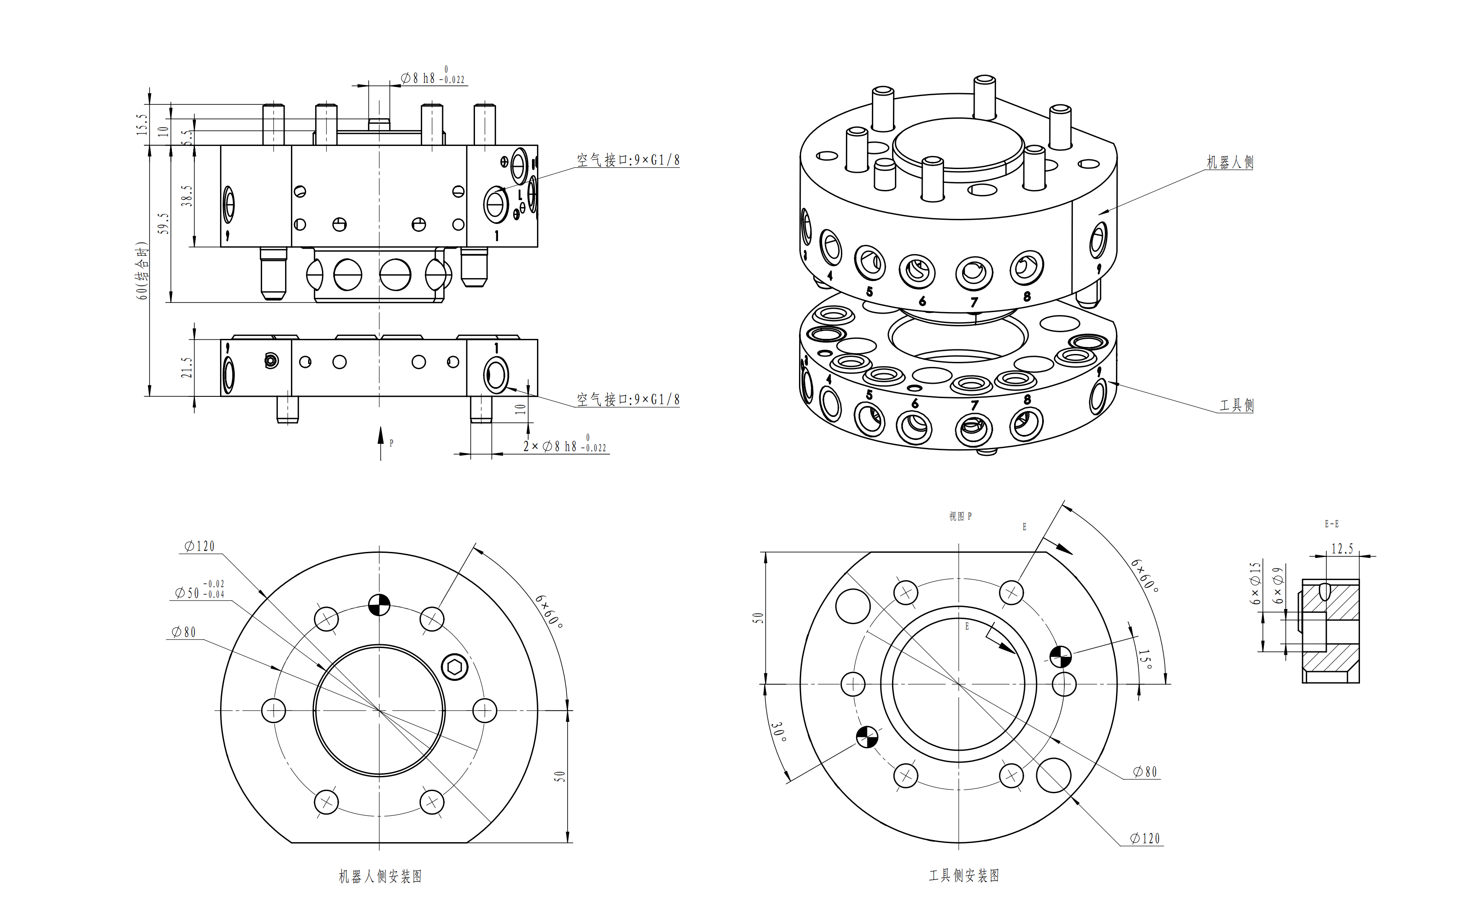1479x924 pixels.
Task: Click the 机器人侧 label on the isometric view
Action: click(x=1229, y=162)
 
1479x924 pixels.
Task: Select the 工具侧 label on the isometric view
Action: click(x=1236, y=405)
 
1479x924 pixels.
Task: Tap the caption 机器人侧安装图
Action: click(x=380, y=876)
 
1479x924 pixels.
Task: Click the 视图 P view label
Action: click(x=960, y=516)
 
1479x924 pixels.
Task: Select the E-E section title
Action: click(x=1331, y=524)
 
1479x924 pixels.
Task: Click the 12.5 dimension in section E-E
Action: click(x=1341, y=549)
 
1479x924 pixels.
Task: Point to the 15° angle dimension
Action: click(x=1146, y=659)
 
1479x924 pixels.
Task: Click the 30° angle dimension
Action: click(x=778, y=731)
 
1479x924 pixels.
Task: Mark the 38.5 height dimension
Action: click(x=187, y=195)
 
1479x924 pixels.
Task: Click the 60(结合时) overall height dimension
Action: click(x=142, y=271)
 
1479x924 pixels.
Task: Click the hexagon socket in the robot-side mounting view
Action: click(x=454, y=667)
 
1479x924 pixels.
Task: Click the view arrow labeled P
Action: click(x=381, y=443)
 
